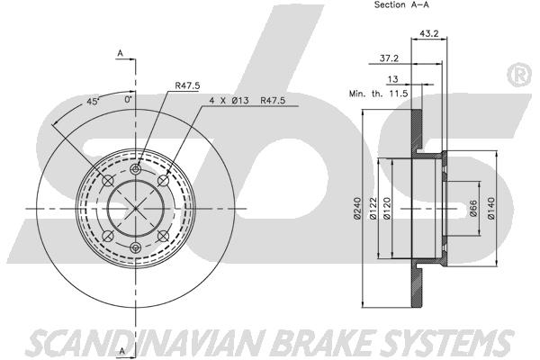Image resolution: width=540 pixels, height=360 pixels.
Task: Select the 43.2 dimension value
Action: (x=428, y=33)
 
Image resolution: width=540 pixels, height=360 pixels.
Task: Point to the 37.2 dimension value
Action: (x=389, y=58)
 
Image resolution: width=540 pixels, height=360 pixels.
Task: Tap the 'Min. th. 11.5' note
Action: (x=379, y=94)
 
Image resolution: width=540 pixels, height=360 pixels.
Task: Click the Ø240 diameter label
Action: (x=357, y=208)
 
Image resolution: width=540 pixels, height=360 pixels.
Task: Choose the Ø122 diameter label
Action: (x=373, y=208)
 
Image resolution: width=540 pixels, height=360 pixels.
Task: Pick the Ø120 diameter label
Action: (x=386, y=208)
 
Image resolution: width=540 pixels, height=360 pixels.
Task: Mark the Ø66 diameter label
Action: (x=473, y=208)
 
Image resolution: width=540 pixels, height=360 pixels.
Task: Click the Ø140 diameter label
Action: (x=490, y=208)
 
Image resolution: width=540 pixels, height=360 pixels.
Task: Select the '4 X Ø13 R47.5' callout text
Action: (x=247, y=101)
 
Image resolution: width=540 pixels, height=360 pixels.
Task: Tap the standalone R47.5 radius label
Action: (x=187, y=85)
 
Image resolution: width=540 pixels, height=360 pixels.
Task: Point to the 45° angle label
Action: (x=93, y=102)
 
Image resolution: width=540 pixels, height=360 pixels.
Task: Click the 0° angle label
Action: (x=129, y=100)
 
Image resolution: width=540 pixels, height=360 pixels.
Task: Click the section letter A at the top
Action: (x=121, y=53)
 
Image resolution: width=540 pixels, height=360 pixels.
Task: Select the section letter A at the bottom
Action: (x=121, y=351)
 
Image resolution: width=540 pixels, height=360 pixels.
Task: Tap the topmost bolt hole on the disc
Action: (x=136, y=169)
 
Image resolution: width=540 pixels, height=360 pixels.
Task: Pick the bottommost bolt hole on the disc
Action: (x=136, y=247)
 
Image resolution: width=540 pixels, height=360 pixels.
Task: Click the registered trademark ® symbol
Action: (x=519, y=75)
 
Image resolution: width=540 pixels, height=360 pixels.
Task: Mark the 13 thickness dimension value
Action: (x=392, y=79)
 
